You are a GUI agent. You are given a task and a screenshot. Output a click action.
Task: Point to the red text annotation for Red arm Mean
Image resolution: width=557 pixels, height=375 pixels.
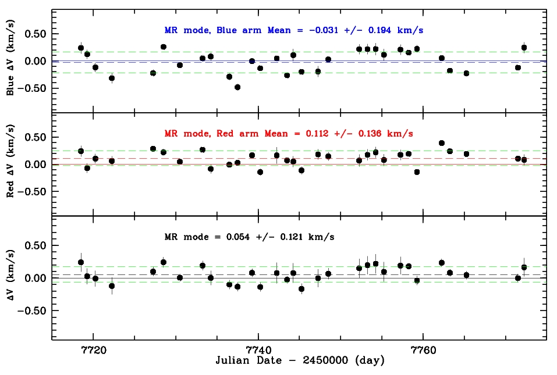pyautogui.click(x=289, y=133)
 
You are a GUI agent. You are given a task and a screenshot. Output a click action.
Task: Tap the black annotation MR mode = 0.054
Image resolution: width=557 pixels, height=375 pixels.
pyautogui.click(x=249, y=237)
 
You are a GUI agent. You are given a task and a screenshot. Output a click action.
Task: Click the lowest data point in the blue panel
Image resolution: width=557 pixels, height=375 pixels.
pyautogui.click(x=237, y=87)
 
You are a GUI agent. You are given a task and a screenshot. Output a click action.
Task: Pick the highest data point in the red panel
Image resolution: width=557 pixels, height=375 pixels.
pyautogui.click(x=442, y=143)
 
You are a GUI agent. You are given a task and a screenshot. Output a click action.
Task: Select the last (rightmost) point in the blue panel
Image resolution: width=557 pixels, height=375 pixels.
pyautogui.click(x=524, y=48)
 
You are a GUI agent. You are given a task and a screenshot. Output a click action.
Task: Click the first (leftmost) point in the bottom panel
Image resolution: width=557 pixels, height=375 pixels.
pyautogui.click(x=81, y=262)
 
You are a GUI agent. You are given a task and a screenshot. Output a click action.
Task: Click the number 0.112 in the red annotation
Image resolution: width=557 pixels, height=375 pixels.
pyautogui.click(x=318, y=133)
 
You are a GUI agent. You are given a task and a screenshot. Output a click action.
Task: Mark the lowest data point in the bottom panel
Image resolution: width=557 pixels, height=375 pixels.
pyautogui.click(x=301, y=288)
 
